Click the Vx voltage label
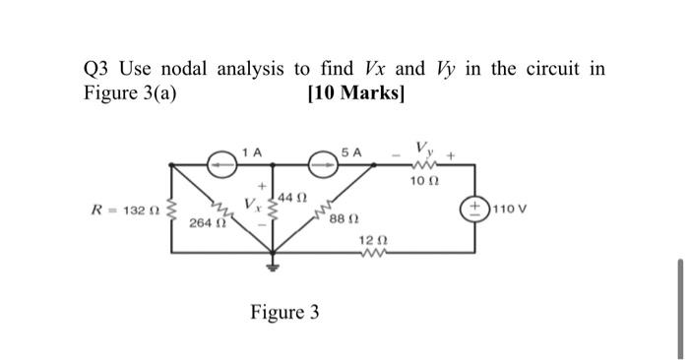(x=253, y=205)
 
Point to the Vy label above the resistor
(x=425, y=148)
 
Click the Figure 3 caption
(x=284, y=313)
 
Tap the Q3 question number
(x=96, y=69)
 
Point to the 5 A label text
(x=350, y=150)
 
